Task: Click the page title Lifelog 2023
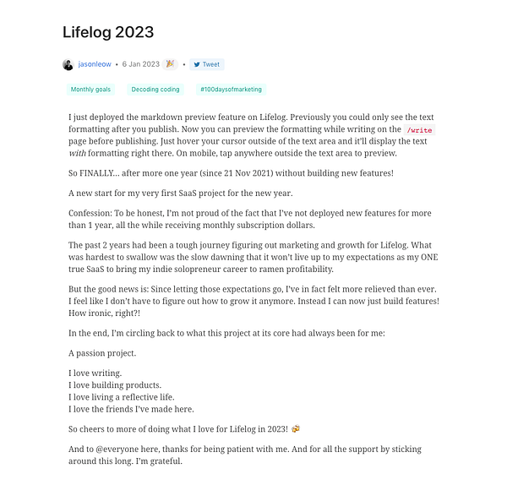point(108,33)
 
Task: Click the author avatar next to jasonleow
point(68,64)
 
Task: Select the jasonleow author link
point(94,64)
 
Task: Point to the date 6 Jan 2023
point(140,64)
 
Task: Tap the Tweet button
point(206,64)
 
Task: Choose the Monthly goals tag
point(91,89)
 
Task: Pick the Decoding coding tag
point(155,89)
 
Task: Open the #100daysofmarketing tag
point(230,89)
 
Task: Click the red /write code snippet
point(420,130)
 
